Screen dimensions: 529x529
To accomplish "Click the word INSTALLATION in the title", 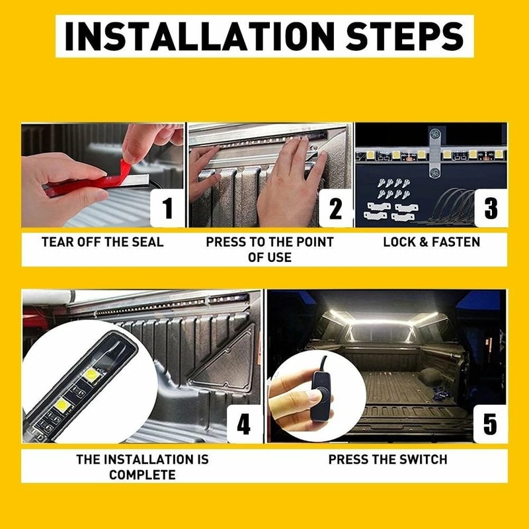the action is point(200,36).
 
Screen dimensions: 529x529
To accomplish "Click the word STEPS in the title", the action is point(405,36).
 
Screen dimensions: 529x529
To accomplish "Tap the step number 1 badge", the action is point(167,208).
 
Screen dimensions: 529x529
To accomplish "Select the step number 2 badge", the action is point(335,208).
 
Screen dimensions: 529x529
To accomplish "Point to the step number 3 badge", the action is point(491,208).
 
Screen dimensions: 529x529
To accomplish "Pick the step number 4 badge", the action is point(244,424).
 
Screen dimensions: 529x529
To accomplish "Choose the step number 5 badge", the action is point(490,424).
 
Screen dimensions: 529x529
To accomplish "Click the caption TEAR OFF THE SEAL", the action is point(102,242).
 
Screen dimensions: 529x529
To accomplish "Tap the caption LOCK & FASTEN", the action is point(432,242).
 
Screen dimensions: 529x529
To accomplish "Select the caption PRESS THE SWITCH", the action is point(388,460).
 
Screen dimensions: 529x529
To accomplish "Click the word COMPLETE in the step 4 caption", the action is point(142,475).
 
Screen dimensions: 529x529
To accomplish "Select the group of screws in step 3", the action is point(393,188).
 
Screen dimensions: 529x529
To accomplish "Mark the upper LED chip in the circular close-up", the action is point(91,374).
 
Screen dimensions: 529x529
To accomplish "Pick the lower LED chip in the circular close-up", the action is point(63,403).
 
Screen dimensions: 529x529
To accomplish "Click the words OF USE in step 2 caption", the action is point(270,257).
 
